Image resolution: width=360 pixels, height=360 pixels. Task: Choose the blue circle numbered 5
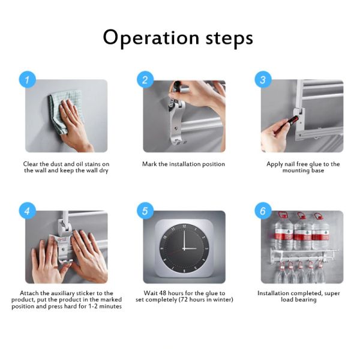point(145,211)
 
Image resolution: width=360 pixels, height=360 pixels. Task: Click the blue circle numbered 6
point(262,211)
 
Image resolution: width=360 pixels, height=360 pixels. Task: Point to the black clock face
point(183,247)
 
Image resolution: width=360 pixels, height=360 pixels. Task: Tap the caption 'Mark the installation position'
point(184,164)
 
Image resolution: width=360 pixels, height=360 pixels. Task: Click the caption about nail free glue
point(303,167)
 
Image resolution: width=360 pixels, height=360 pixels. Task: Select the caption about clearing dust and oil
point(66,167)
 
